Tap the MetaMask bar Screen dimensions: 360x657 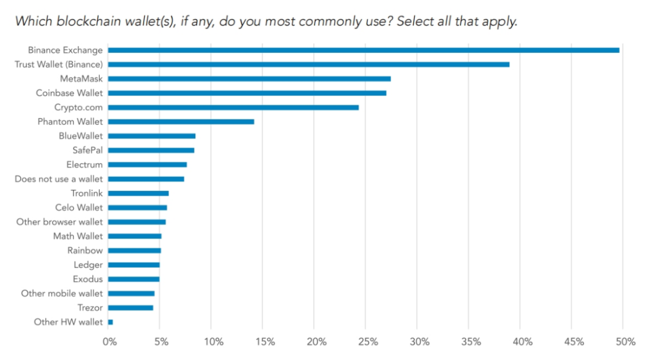tap(249, 78)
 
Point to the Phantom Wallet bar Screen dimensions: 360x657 tap(181, 122)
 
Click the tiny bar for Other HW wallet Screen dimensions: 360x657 tap(111, 322)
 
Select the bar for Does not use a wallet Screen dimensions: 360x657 tap(146, 179)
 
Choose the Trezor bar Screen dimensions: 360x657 tap(130, 308)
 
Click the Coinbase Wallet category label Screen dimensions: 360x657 tap(69, 93)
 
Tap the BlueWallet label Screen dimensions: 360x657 tap(80, 136)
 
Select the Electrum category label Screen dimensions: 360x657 tap(84, 164)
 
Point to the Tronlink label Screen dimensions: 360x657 tap(86, 193)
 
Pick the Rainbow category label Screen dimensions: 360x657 tap(85, 251)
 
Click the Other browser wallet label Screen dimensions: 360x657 tap(59, 222)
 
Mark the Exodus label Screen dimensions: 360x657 tap(88, 279)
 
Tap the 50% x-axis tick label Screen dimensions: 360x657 tap(625, 342)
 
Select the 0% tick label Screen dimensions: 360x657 tap(109, 342)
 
